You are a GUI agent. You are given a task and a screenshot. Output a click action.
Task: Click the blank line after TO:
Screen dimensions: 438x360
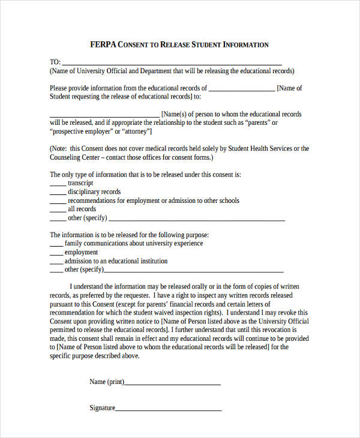[172, 63]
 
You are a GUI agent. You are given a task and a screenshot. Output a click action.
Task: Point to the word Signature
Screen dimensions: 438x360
[102, 408]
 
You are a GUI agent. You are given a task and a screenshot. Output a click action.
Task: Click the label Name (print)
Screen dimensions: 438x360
[106, 382]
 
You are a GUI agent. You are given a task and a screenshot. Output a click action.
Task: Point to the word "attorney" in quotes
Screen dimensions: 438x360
[136, 131]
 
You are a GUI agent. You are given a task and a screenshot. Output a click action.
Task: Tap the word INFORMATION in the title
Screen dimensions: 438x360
[245, 44]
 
